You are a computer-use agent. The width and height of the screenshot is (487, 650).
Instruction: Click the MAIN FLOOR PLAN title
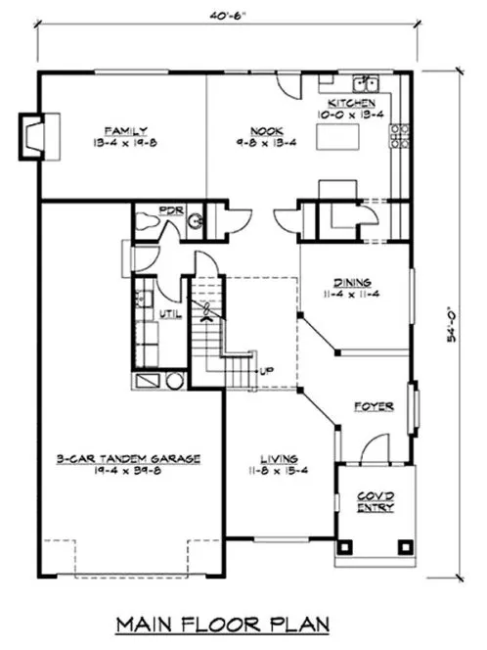(233, 623)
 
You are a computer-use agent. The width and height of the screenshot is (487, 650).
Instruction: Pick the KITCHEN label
(351, 103)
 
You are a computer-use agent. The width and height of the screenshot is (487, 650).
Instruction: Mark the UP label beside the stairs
(265, 371)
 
